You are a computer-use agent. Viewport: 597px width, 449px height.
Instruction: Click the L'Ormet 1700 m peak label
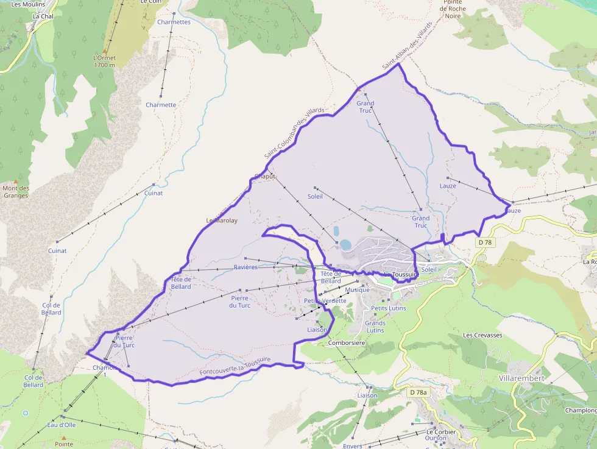coord(104,62)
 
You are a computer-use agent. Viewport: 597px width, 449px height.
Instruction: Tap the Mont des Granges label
coord(16,192)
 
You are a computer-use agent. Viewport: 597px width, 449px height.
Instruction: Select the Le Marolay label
coord(222,221)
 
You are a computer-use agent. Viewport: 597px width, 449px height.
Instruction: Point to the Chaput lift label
coord(265,176)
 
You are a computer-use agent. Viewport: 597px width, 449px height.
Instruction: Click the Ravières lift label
coord(246,267)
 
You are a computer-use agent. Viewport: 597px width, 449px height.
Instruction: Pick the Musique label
coord(357,290)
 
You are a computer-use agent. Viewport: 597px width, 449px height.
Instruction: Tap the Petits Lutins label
coord(388,308)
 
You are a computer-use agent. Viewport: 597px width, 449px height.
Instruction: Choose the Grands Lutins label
coord(375,327)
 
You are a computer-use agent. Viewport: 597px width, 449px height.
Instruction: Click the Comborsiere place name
coord(346,343)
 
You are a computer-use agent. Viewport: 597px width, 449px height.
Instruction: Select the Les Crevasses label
coord(482,335)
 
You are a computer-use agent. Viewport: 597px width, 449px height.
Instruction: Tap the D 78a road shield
coord(418,392)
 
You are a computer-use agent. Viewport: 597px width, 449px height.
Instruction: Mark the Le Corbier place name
coord(440,432)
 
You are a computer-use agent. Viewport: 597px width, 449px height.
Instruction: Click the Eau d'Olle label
coord(62,425)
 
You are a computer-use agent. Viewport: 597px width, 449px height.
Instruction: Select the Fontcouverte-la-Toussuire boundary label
coord(235,366)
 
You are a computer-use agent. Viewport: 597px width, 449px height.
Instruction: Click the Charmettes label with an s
coord(174,22)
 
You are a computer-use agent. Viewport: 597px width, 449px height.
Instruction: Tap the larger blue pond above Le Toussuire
coord(345,245)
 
